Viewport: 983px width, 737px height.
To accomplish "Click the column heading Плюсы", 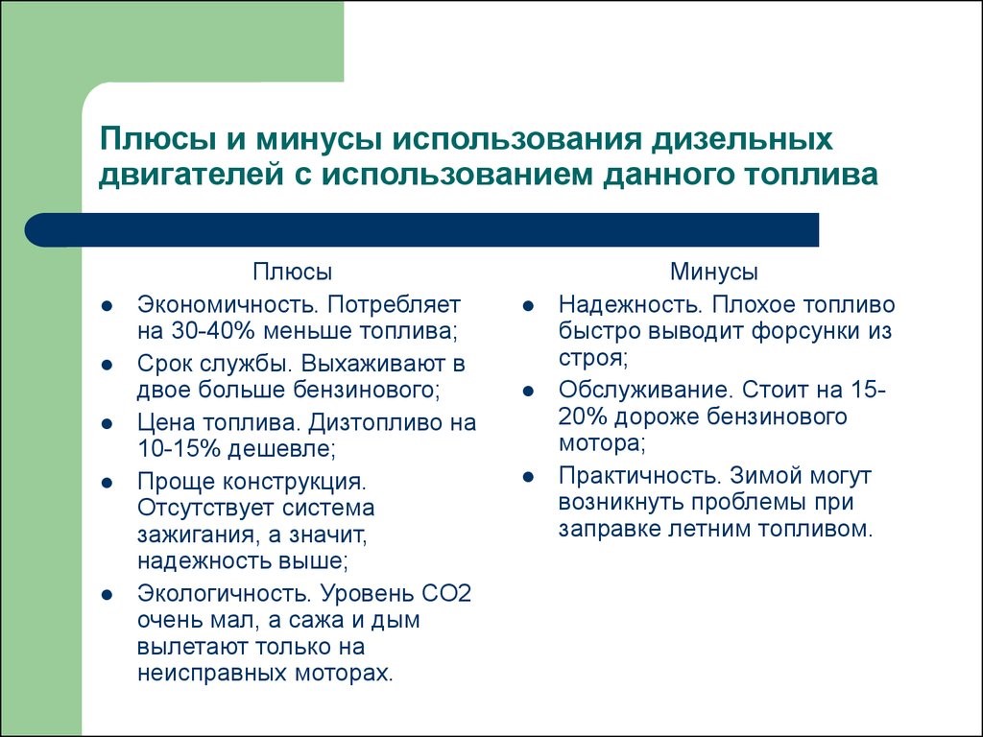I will (x=293, y=273).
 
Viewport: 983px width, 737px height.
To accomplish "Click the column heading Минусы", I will (x=713, y=273).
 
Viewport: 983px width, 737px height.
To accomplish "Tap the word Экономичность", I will (x=227, y=305).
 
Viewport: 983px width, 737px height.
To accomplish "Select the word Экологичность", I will (x=224, y=592).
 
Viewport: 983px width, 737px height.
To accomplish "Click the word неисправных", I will (x=200, y=672).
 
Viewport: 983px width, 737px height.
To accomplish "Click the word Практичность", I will (x=637, y=476).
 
